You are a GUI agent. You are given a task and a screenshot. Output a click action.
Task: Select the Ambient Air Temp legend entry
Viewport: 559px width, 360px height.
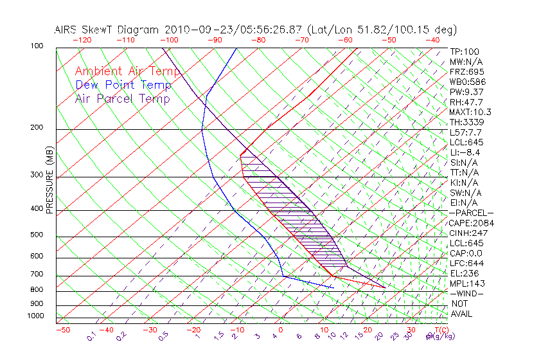(127, 71)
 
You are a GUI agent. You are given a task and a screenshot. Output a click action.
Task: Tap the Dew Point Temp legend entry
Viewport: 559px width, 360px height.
(123, 85)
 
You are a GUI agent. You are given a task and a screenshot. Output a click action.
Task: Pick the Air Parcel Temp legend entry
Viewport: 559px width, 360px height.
(123, 98)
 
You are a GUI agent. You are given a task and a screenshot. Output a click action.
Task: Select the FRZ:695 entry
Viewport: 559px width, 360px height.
(467, 71)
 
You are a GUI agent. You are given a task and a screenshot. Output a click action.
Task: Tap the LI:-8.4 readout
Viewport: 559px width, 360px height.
(465, 152)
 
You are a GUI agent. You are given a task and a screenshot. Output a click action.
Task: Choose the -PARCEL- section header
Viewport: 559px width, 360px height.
(472, 213)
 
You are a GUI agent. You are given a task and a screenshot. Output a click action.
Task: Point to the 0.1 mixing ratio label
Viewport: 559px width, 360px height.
(92, 336)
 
